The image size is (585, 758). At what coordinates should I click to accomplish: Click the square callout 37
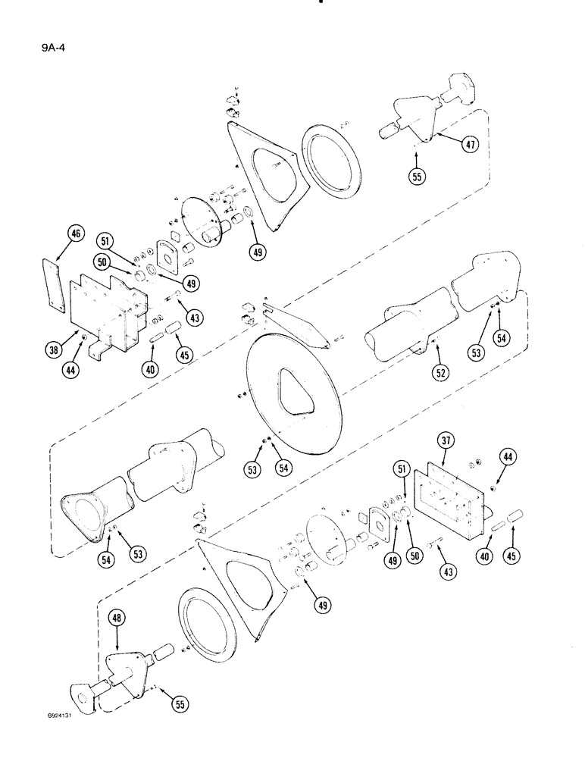446,443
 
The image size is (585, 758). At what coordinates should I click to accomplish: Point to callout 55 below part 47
417,177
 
